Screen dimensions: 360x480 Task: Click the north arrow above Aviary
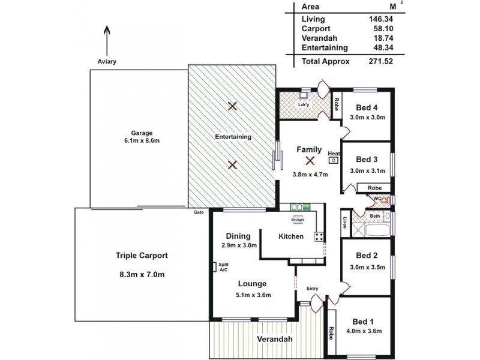107,41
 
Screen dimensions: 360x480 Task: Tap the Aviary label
107,62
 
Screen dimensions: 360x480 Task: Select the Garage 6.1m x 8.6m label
143,137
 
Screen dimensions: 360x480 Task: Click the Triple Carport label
142,255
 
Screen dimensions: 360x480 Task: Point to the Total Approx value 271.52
380,61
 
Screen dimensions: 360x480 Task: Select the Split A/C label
223,268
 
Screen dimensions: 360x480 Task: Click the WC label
378,199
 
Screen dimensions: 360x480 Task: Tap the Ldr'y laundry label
304,105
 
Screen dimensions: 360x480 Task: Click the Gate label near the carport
197,213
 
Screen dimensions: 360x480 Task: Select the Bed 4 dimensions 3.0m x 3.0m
367,118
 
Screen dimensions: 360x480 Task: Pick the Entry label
312,289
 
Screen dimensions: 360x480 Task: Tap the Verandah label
275,340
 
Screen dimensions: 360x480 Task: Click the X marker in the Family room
310,160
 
